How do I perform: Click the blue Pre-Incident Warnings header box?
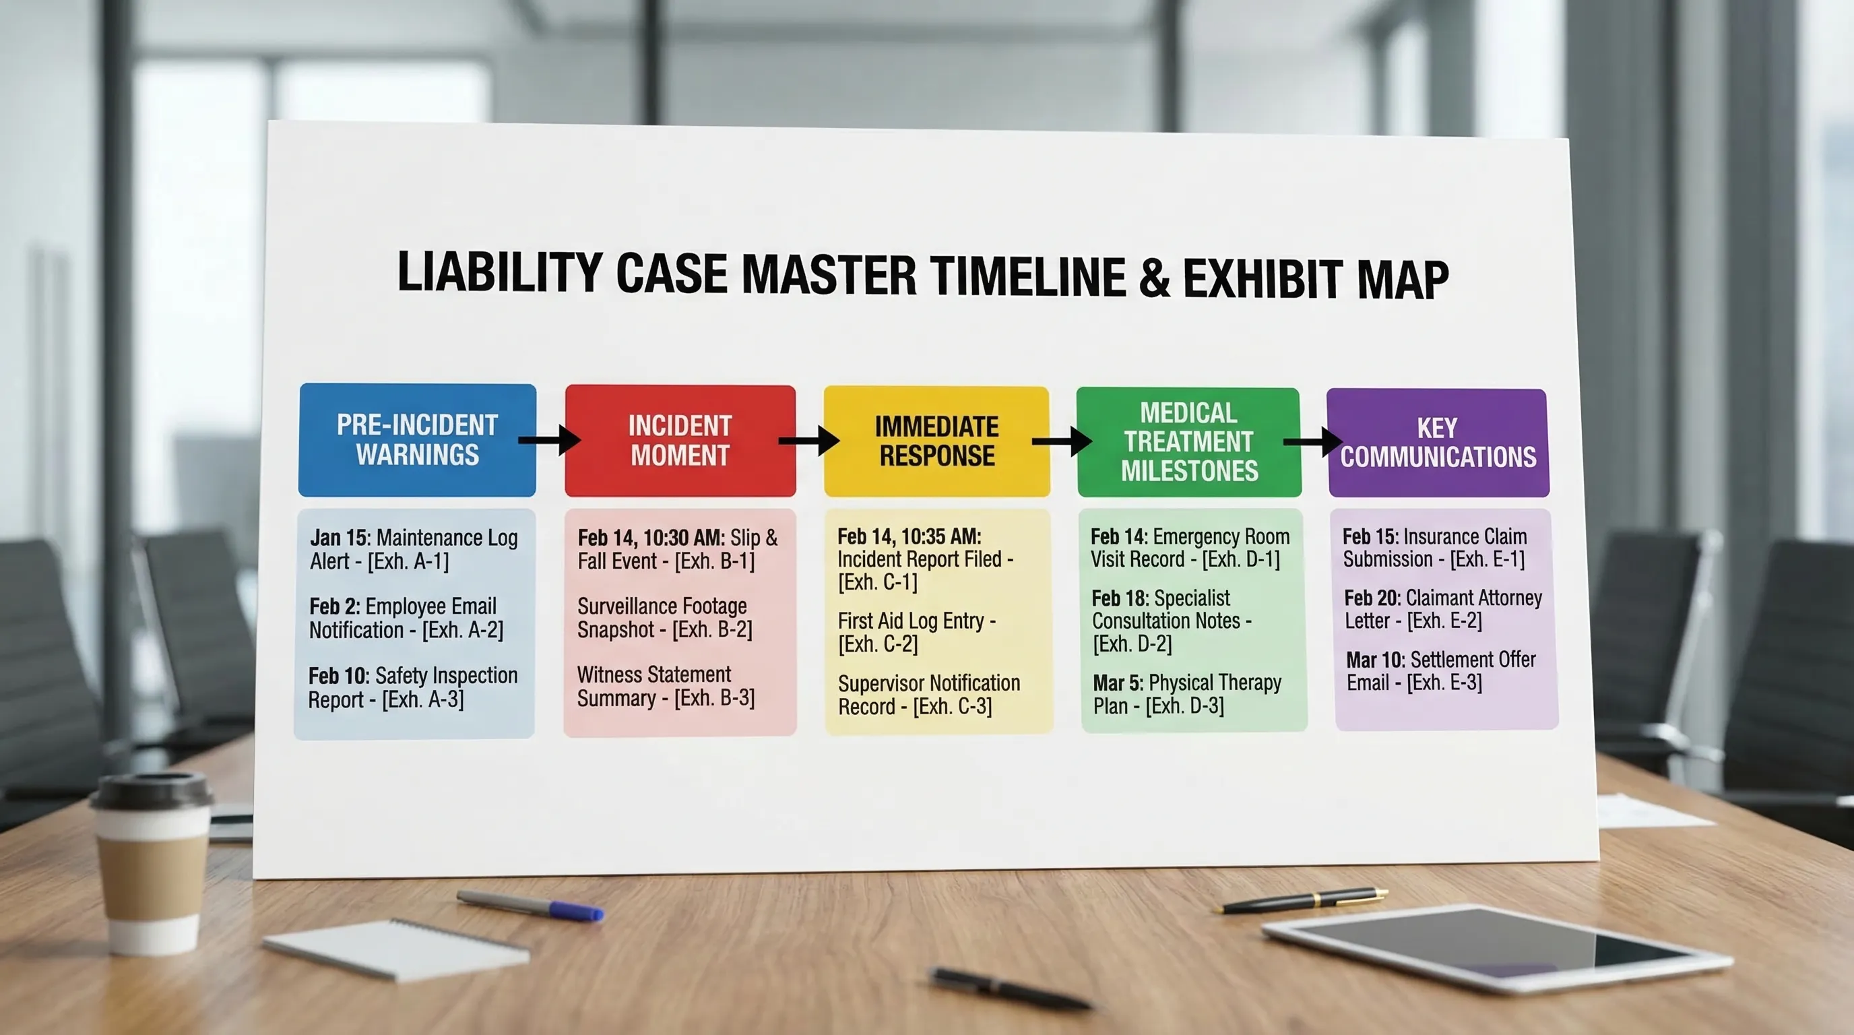click(x=417, y=440)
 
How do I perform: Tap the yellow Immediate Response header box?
click(x=936, y=441)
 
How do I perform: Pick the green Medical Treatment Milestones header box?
click(x=1189, y=442)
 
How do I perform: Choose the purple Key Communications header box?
click(x=1438, y=443)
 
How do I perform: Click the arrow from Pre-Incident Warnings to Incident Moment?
click(x=550, y=440)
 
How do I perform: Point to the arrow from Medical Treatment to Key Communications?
click(x=1313, y=442)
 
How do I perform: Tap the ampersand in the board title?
click(x=1155, y=278)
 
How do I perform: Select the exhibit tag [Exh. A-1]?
click(x=408, y=561)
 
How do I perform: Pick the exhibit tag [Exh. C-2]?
click(x=878, y=644)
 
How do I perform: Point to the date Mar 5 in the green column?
click(x=1117, y=683)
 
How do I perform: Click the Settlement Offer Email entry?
click(x=1441, y=671)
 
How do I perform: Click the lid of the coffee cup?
click(x=150, y=790)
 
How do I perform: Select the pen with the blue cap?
click(x=530, y=905)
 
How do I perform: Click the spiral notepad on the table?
click(x=396, y=947)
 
